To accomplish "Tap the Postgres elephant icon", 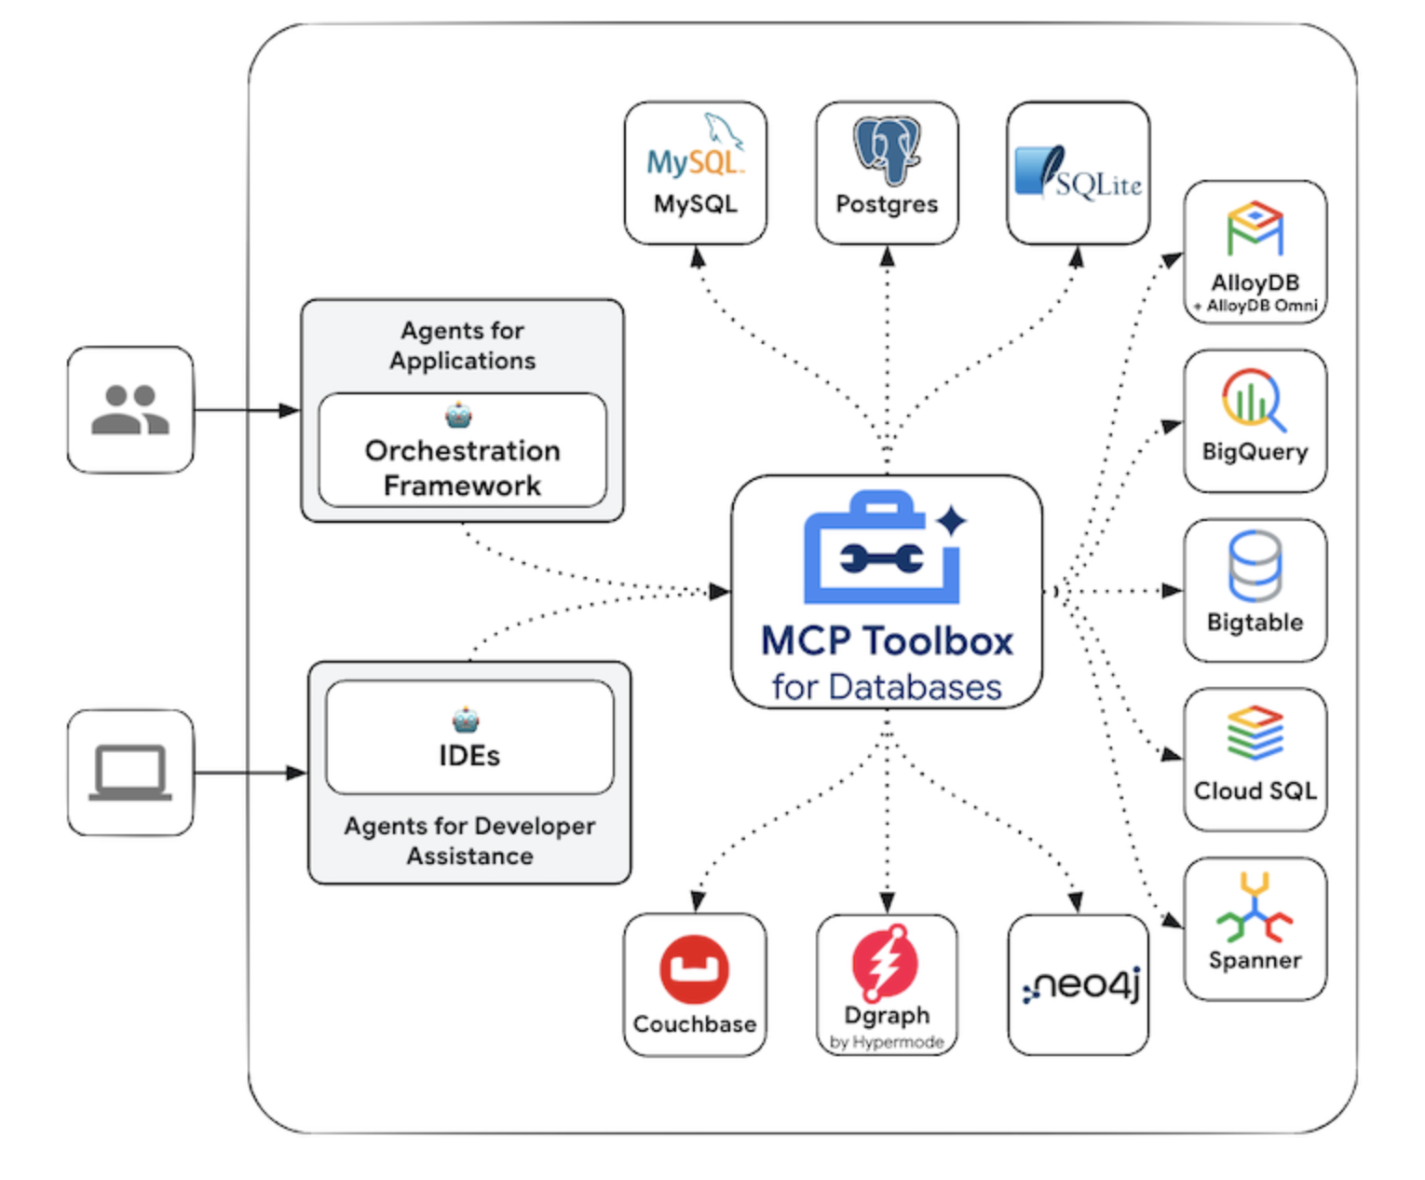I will (887, 149).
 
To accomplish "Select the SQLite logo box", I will (1078, 173).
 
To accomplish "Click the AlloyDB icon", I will (1255, 228).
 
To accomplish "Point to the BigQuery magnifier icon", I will (1254, 400).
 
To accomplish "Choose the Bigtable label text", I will (1255, 622).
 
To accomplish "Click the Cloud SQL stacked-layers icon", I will (1255, 733).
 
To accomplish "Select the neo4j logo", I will (1080, 985).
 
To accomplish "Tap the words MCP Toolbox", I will (887, 641).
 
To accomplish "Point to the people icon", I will (130, 410).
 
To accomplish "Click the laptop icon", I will (130, 773).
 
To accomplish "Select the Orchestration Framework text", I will (462, 468).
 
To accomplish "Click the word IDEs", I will (469, 756).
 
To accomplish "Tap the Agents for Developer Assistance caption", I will (469, 841).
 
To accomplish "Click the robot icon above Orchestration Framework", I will (458, 415).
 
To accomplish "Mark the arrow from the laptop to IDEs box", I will (250, 773).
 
